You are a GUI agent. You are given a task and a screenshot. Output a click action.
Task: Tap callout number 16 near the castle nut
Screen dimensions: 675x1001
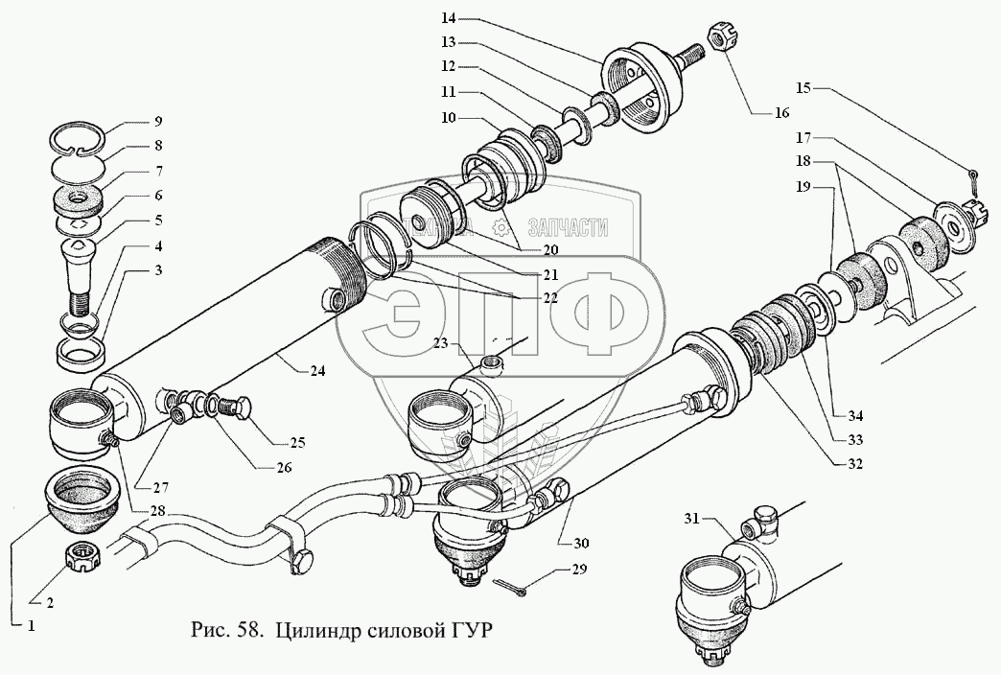(x=782, y=113)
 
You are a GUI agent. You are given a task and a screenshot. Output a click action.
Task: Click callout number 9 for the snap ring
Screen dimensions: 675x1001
(x=157, y=121)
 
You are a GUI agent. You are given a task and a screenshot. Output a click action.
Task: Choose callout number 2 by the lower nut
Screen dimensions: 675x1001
(x=49, y=603)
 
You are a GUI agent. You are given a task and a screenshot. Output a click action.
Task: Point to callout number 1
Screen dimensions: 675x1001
(x=31, y=626)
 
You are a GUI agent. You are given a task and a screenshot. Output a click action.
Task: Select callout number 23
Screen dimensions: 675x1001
(x=440, y=344)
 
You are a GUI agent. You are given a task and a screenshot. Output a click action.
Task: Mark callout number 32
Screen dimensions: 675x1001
(x=854, y=464)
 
